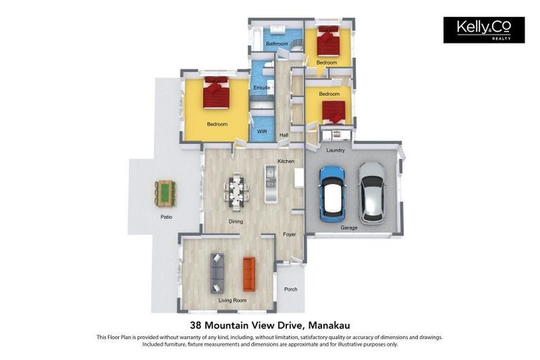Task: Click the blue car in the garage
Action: (332, 193)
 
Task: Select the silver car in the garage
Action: (371, 193)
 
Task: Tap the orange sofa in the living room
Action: (249, 274)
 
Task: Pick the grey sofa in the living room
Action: (217, 274)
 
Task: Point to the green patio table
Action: (166, 193)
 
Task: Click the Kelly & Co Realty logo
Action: (484, 30)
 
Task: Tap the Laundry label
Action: (335, 150)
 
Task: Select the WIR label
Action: (262, 131)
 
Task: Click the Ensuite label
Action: (262, 87)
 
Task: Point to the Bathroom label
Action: (277, 44)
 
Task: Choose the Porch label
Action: (290, 289)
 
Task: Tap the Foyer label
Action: (289, 234)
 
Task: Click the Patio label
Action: (167, 217)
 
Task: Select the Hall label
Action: (284, 135)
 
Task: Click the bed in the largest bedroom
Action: (216, 92)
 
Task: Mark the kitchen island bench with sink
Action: (271, 184)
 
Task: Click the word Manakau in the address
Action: (329, 326)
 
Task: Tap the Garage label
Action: (349, 228)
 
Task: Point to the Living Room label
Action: (233, 300)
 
